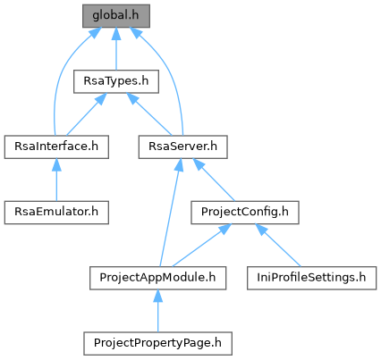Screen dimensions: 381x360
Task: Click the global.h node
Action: click(116, 16)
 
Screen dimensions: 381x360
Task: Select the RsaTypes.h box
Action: click(116, 81)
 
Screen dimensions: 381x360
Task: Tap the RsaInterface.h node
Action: click(56, 147)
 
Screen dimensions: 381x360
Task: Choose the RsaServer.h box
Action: click(182, 147)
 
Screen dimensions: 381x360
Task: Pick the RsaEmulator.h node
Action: click(56, 213)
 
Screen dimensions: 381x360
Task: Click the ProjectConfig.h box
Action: click(245, 213)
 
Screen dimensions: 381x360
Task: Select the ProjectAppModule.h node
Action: click(157, 278)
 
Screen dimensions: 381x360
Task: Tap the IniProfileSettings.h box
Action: click(311, 278)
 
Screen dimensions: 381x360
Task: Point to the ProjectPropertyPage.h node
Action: click(157, 343)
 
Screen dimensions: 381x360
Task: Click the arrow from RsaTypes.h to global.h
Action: click(116, 49)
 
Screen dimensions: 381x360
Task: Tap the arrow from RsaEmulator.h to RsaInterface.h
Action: click(56, 180)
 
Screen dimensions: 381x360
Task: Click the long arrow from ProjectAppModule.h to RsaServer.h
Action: click(170, 213)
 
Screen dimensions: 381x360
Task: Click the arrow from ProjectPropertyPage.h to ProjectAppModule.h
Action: click(157, 311)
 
